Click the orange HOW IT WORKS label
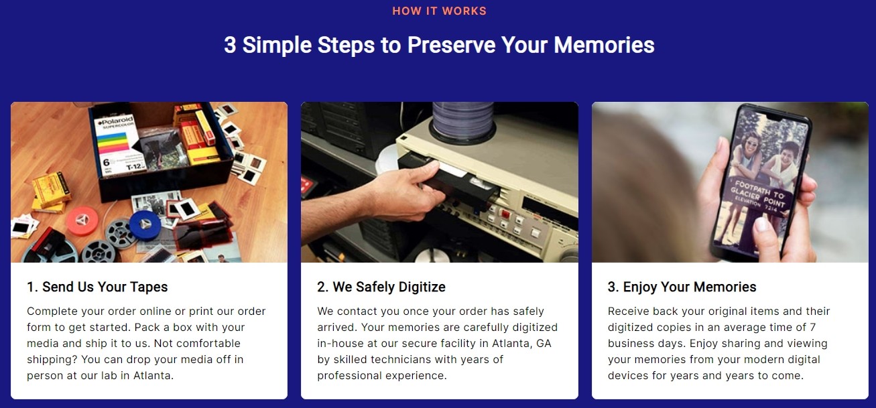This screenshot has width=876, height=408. pyautogui.click(x=439, y=11)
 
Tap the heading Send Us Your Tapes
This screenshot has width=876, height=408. pyautogui.click(x=97, y=287)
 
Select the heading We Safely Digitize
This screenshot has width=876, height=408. pyautogui.click(x=381, y=287)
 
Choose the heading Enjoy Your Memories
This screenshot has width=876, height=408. pyautogui.click(x=682, y=287)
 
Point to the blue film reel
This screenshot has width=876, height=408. pyautogui.click(x=145, y=224)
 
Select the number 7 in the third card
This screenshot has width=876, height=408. pyautogui.click(x=813, y=327)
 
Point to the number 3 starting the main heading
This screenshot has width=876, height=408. pyautogui.click(x=230, y=45)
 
